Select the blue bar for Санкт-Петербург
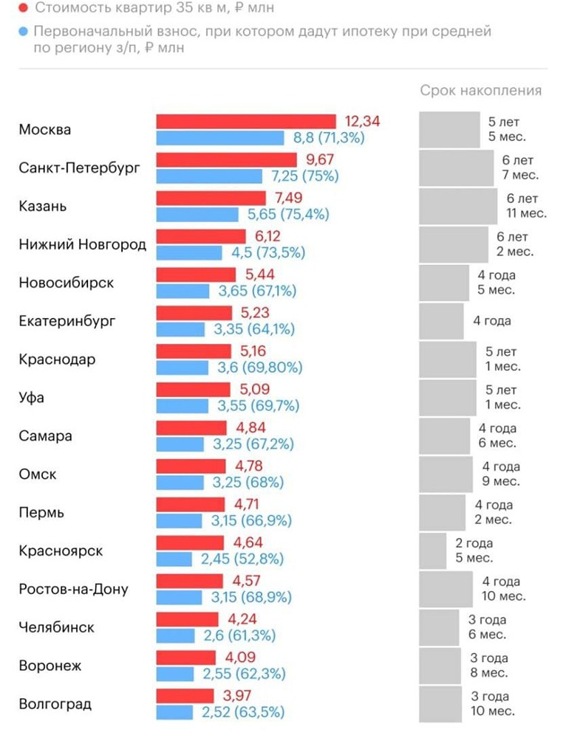209,176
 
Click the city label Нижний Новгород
82,244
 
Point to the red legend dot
24,8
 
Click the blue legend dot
24,32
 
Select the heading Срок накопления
480,91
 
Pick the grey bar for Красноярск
433,551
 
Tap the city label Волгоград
55,704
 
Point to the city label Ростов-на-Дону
73,589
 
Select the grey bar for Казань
458,206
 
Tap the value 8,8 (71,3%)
329,137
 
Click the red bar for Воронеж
185,658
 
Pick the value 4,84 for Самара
249,428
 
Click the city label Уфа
31,398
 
